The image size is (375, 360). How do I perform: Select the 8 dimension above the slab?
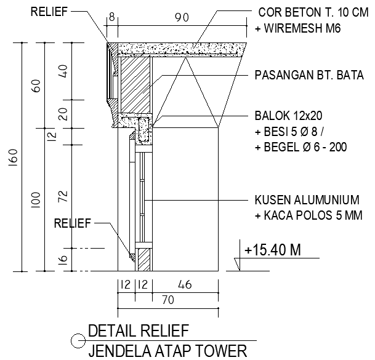pyautogui.click(x=111, y=18)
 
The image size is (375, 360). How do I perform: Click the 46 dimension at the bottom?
pyautogui.click(x=184, y=285)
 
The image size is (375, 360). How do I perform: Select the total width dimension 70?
pyautogui.click(x=167, y=300)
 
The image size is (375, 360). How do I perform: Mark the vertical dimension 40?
pyautogui.click(x=62, y=70)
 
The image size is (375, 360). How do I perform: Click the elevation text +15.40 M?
pyautogui.click(x=272, y=250)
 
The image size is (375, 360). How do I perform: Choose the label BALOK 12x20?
pyautogui.click(x=289, y=116)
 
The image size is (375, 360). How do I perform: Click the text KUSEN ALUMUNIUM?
pyautogui.click(x=307, y=201)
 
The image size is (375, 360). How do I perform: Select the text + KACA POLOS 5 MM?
pyautogui.click(x=308, y=215)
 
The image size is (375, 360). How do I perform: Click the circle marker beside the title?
pyautogui.click(x=78, y=339)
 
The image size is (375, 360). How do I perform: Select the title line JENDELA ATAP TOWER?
pyautogui.click(x=167, y=351)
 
